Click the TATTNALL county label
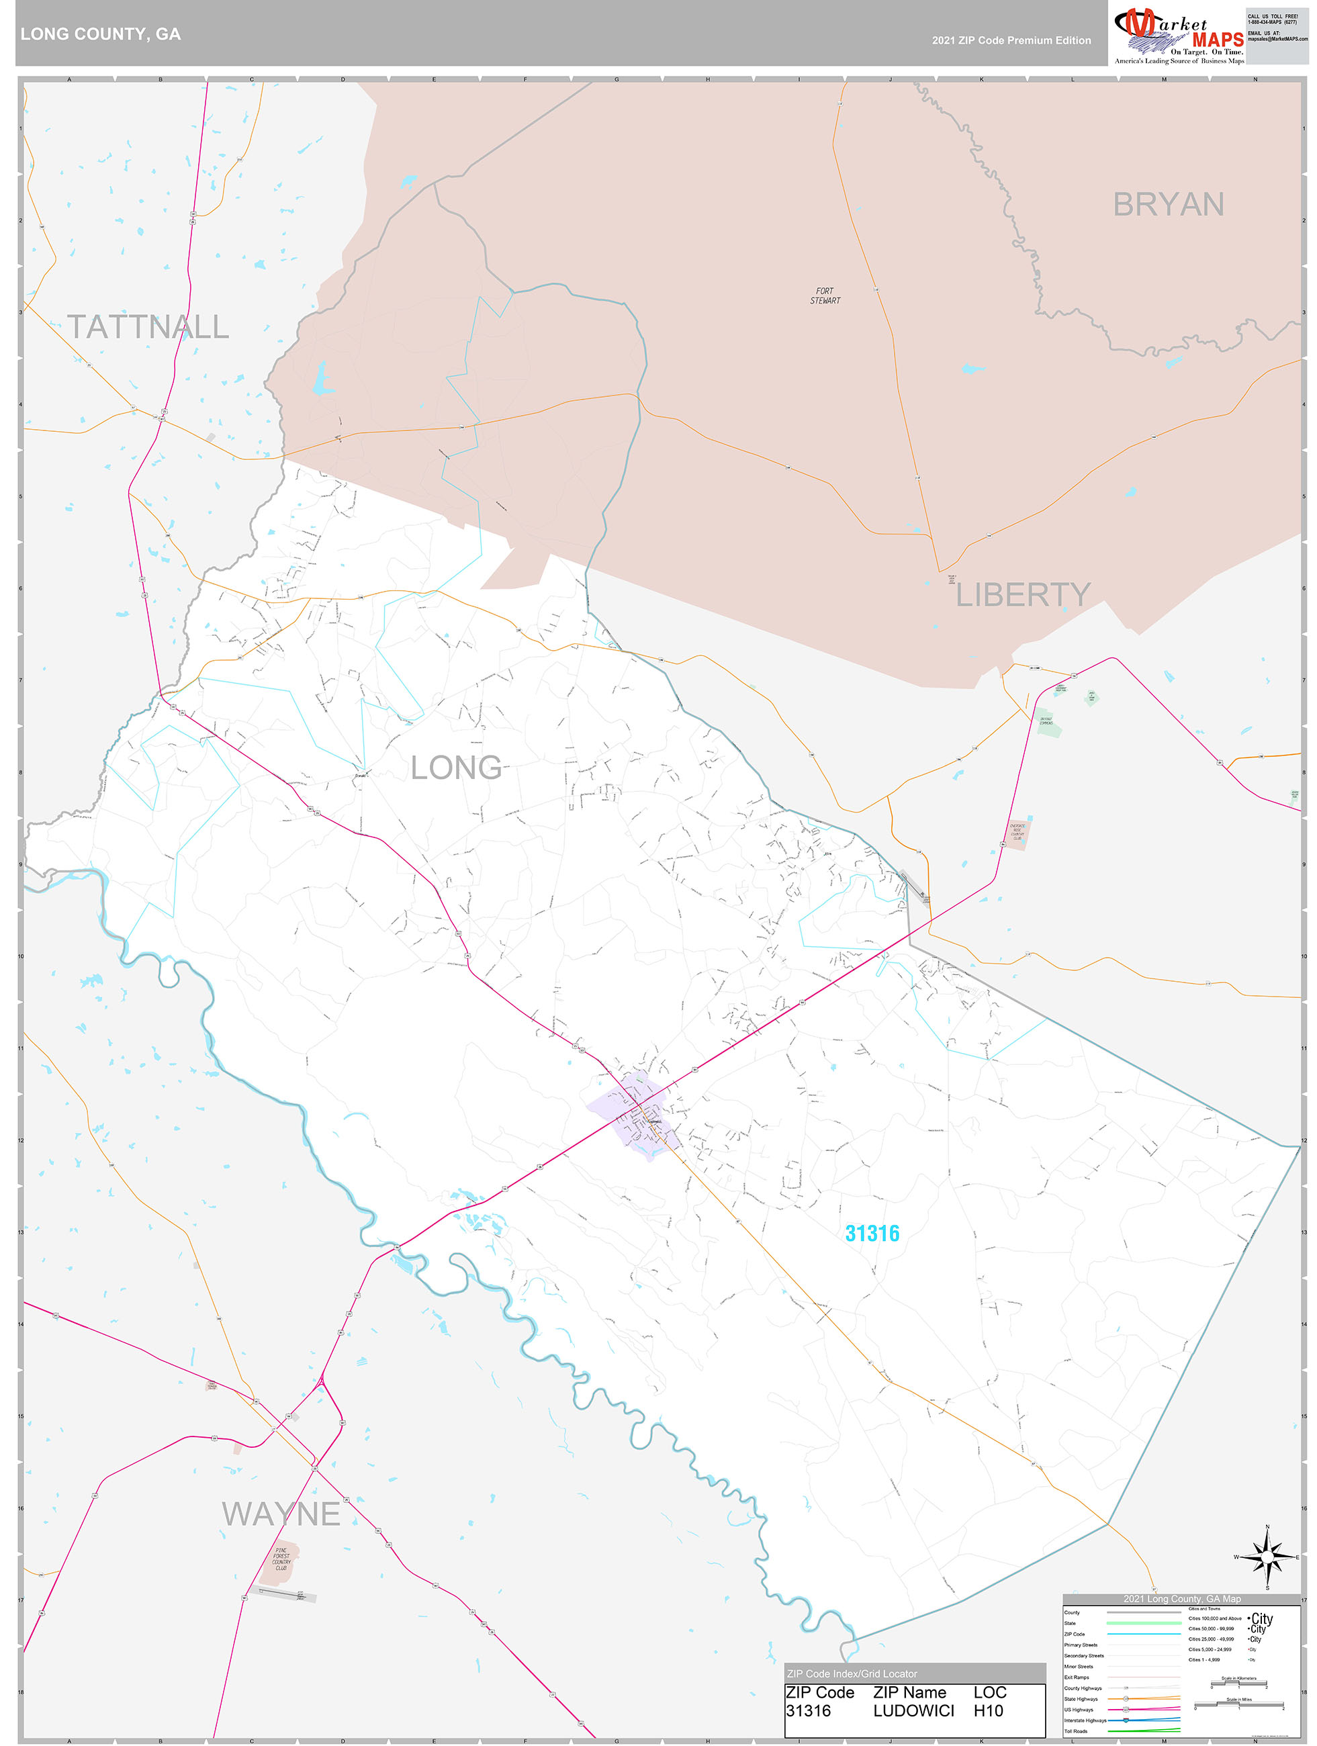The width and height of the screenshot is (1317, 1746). pyautogui.click(x=148, y=327)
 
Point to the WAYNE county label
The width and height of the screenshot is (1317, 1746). pyautogui.click(x=281, y=1514)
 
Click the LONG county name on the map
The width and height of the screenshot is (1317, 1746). pyautogui.click(x=457, y=767)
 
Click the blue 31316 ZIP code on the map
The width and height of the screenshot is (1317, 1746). pyautogui.click(x=872, y=1233)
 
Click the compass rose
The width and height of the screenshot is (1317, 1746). pyautogui.click(x=1267, y=1557)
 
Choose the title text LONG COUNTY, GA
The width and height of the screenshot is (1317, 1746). pyautogui.click(x=100, y=34)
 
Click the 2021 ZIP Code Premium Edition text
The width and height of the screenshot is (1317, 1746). pyautogui.click(x=1011, y=40)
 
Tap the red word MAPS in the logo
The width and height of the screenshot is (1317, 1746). pyautogui.click(x=1218, y=40)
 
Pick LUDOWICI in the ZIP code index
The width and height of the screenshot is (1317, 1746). pyautogui.click(x=913, y=1710)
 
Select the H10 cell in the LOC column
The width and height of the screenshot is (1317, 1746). pyautogui.click(x=988, y=1710)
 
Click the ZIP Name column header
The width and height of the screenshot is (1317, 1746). pyautogui.click(x=909, y=1692)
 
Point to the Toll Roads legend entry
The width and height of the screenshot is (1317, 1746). pyautogui.click(x=1075, y=1731)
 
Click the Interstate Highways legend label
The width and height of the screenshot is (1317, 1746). pyautogui.click(x=1085, y=1720)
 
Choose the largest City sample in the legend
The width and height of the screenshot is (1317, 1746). pyautogui.click(x=1262, y=1618)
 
